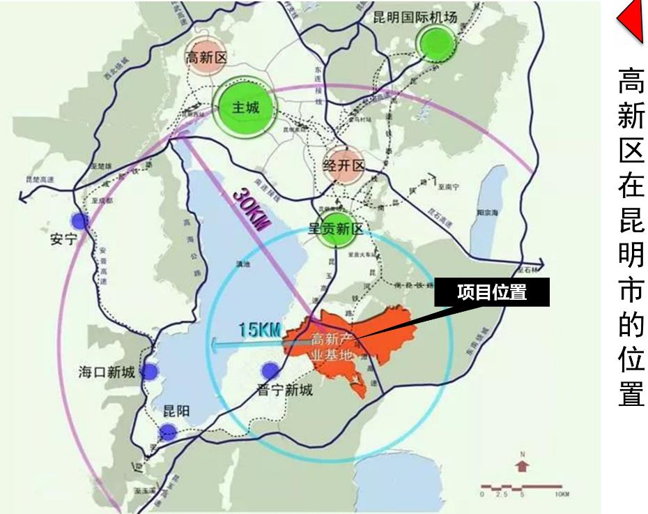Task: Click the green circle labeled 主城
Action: [245, 108]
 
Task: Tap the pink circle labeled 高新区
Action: [206, 59]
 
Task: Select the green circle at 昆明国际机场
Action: [435, 44]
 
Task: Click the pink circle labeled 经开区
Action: [344, 166]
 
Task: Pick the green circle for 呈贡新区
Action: [337, 231]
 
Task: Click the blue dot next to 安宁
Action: [80, 221]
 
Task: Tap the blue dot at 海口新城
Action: [148, 371]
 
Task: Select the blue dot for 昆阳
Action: [167, 432]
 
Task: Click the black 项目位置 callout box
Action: [492, 293]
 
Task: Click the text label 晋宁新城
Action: [285, 389]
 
